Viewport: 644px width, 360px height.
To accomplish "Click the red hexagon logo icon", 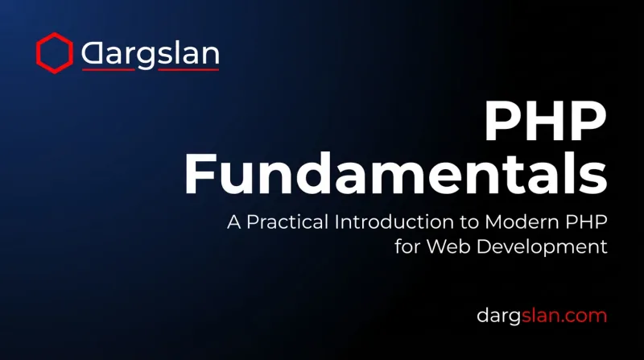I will (x=55, y=52).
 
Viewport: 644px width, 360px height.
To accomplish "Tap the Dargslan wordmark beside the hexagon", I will (x=151, y=54).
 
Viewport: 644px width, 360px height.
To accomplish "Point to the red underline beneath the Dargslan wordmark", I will (x=151, y=70).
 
